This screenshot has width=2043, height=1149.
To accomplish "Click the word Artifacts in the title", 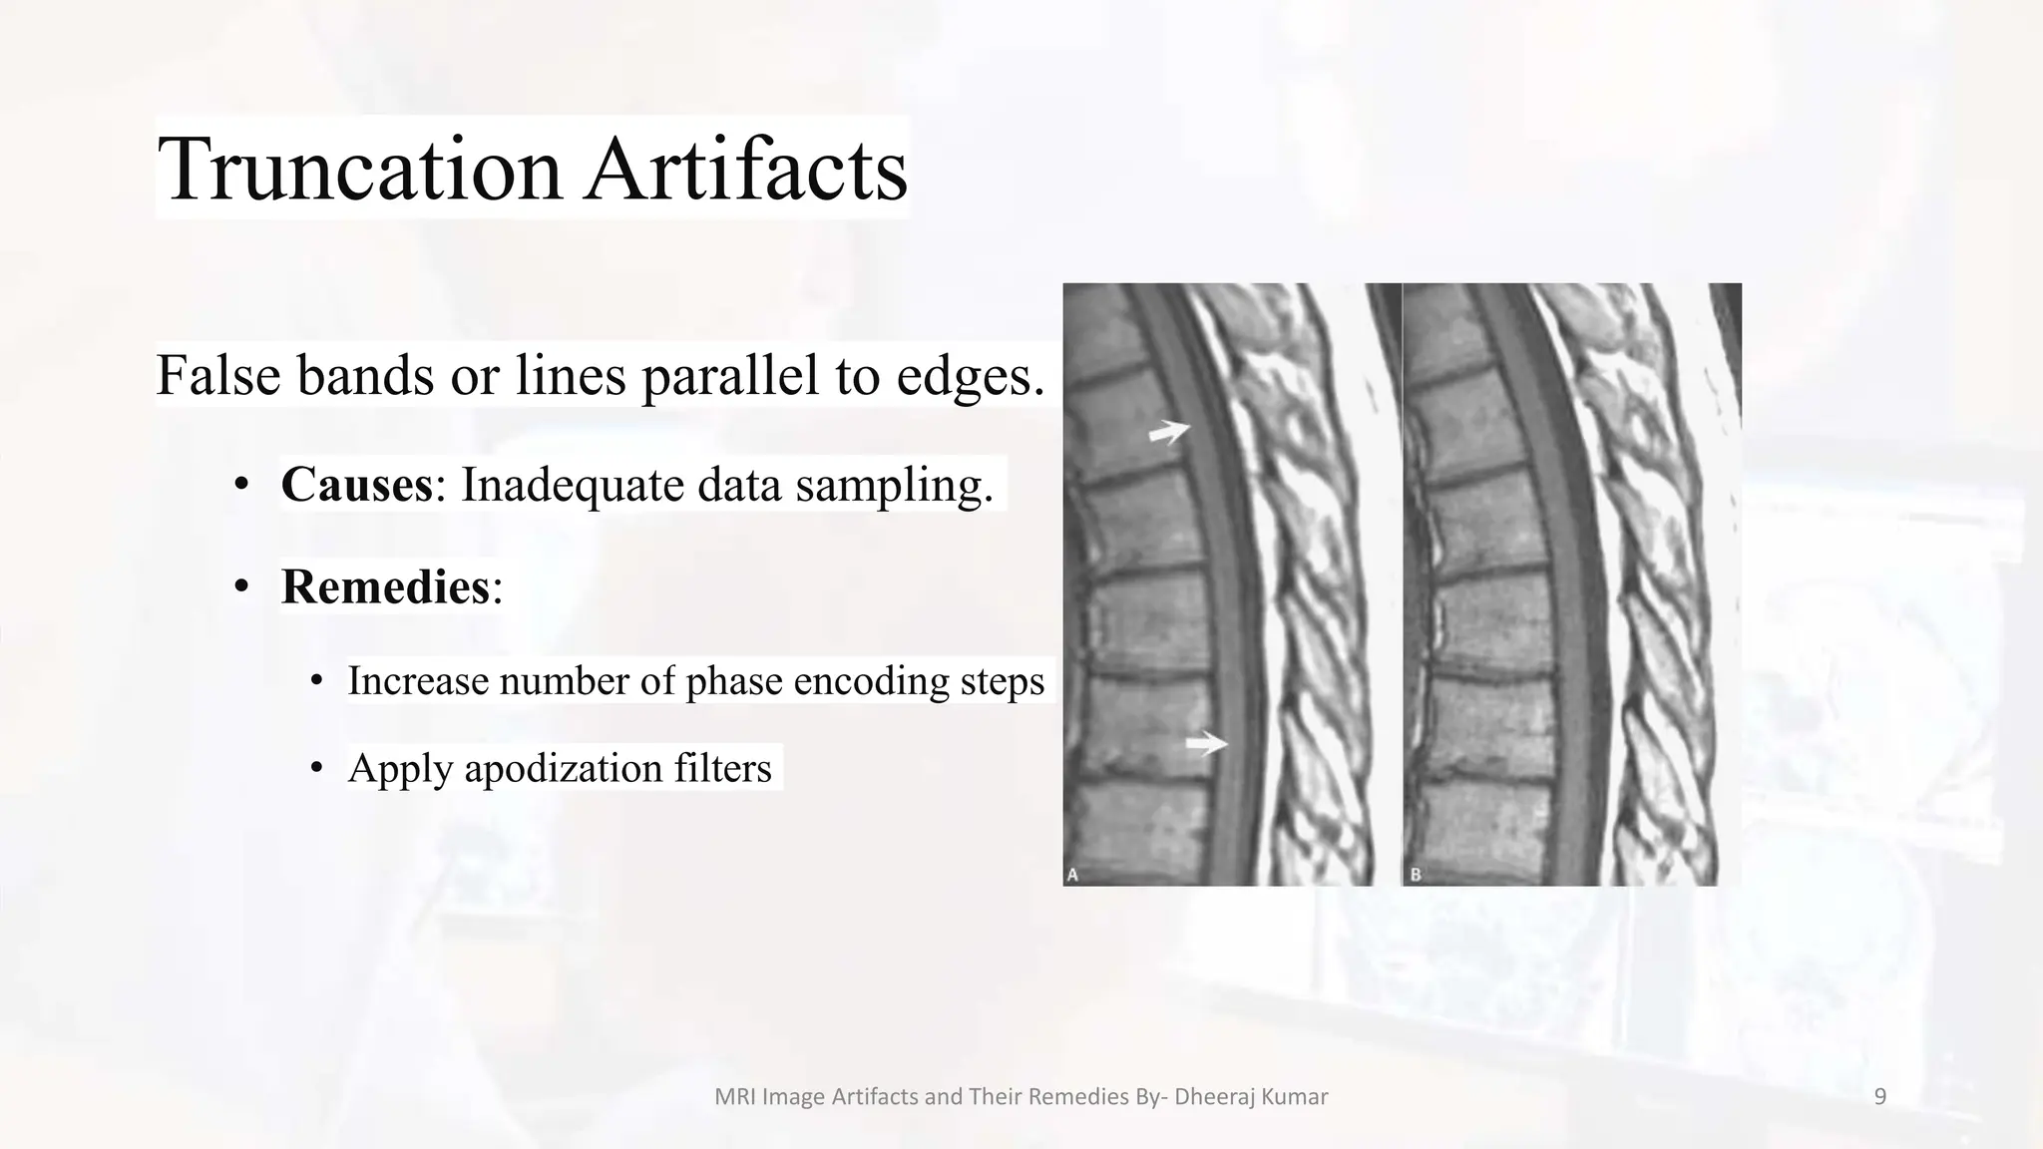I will (746, 169).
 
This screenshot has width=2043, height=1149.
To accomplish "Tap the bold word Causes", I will (356, 485).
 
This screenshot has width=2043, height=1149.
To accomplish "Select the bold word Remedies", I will (385, 586).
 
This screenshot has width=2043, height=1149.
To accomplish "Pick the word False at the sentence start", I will (217, 376).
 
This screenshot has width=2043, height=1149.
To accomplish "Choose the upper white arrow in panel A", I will (1168, 432).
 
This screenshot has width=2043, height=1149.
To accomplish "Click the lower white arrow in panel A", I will (1206, 744).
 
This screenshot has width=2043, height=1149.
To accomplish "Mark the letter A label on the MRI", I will (1073, 875).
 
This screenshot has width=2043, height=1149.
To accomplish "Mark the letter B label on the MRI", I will (1416, 875).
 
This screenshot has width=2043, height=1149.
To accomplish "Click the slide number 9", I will (1880, 1097).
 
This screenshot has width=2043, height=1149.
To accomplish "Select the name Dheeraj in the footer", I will (1210, 1097).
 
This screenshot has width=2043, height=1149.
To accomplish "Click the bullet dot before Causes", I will (240, 486).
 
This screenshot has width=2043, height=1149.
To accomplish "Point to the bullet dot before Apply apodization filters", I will (317, 768).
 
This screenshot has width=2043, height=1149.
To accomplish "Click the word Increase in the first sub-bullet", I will (418, 681).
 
